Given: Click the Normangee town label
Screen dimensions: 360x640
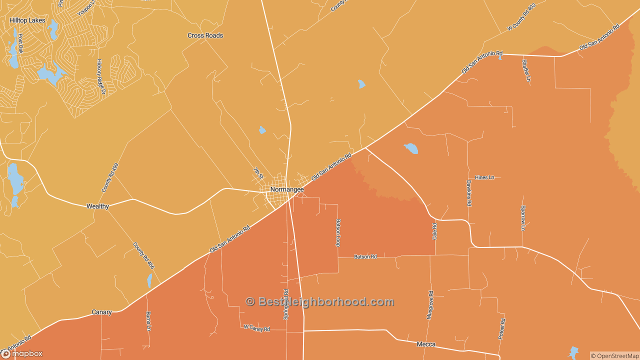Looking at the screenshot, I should [x=287, y=189].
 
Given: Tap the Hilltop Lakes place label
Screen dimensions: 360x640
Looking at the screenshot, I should [x=27, y=20].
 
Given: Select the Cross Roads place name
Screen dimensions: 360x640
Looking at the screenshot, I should [x=205, y=35].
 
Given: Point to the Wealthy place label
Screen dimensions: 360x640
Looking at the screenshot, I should [x=97, y=206].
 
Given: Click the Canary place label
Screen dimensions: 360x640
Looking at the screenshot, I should [x=101, y=312].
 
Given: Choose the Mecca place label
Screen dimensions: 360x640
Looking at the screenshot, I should [x=426, y=344].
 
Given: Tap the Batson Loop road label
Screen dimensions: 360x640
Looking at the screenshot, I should [x=338, y=232].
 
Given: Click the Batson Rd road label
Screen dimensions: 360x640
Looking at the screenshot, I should [x=365, y=256].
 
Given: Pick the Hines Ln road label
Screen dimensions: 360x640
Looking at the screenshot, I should [x=484, y=177].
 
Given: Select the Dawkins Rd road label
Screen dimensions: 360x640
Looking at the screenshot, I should [x=469, y=193].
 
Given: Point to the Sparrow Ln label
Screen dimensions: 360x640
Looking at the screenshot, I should [x=523, y=217].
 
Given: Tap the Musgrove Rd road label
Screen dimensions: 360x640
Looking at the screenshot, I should [x=430, y=305].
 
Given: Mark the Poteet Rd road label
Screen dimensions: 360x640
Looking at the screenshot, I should [x=501, y=329].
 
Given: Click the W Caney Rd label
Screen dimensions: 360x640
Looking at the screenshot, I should [x=256, y=328].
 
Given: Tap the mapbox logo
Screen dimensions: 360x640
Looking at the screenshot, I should [x=22, y=353].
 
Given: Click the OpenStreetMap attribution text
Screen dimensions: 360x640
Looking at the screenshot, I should [x=614, y=356].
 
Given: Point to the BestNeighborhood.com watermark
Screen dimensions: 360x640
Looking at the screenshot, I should [x=320, y=301].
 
